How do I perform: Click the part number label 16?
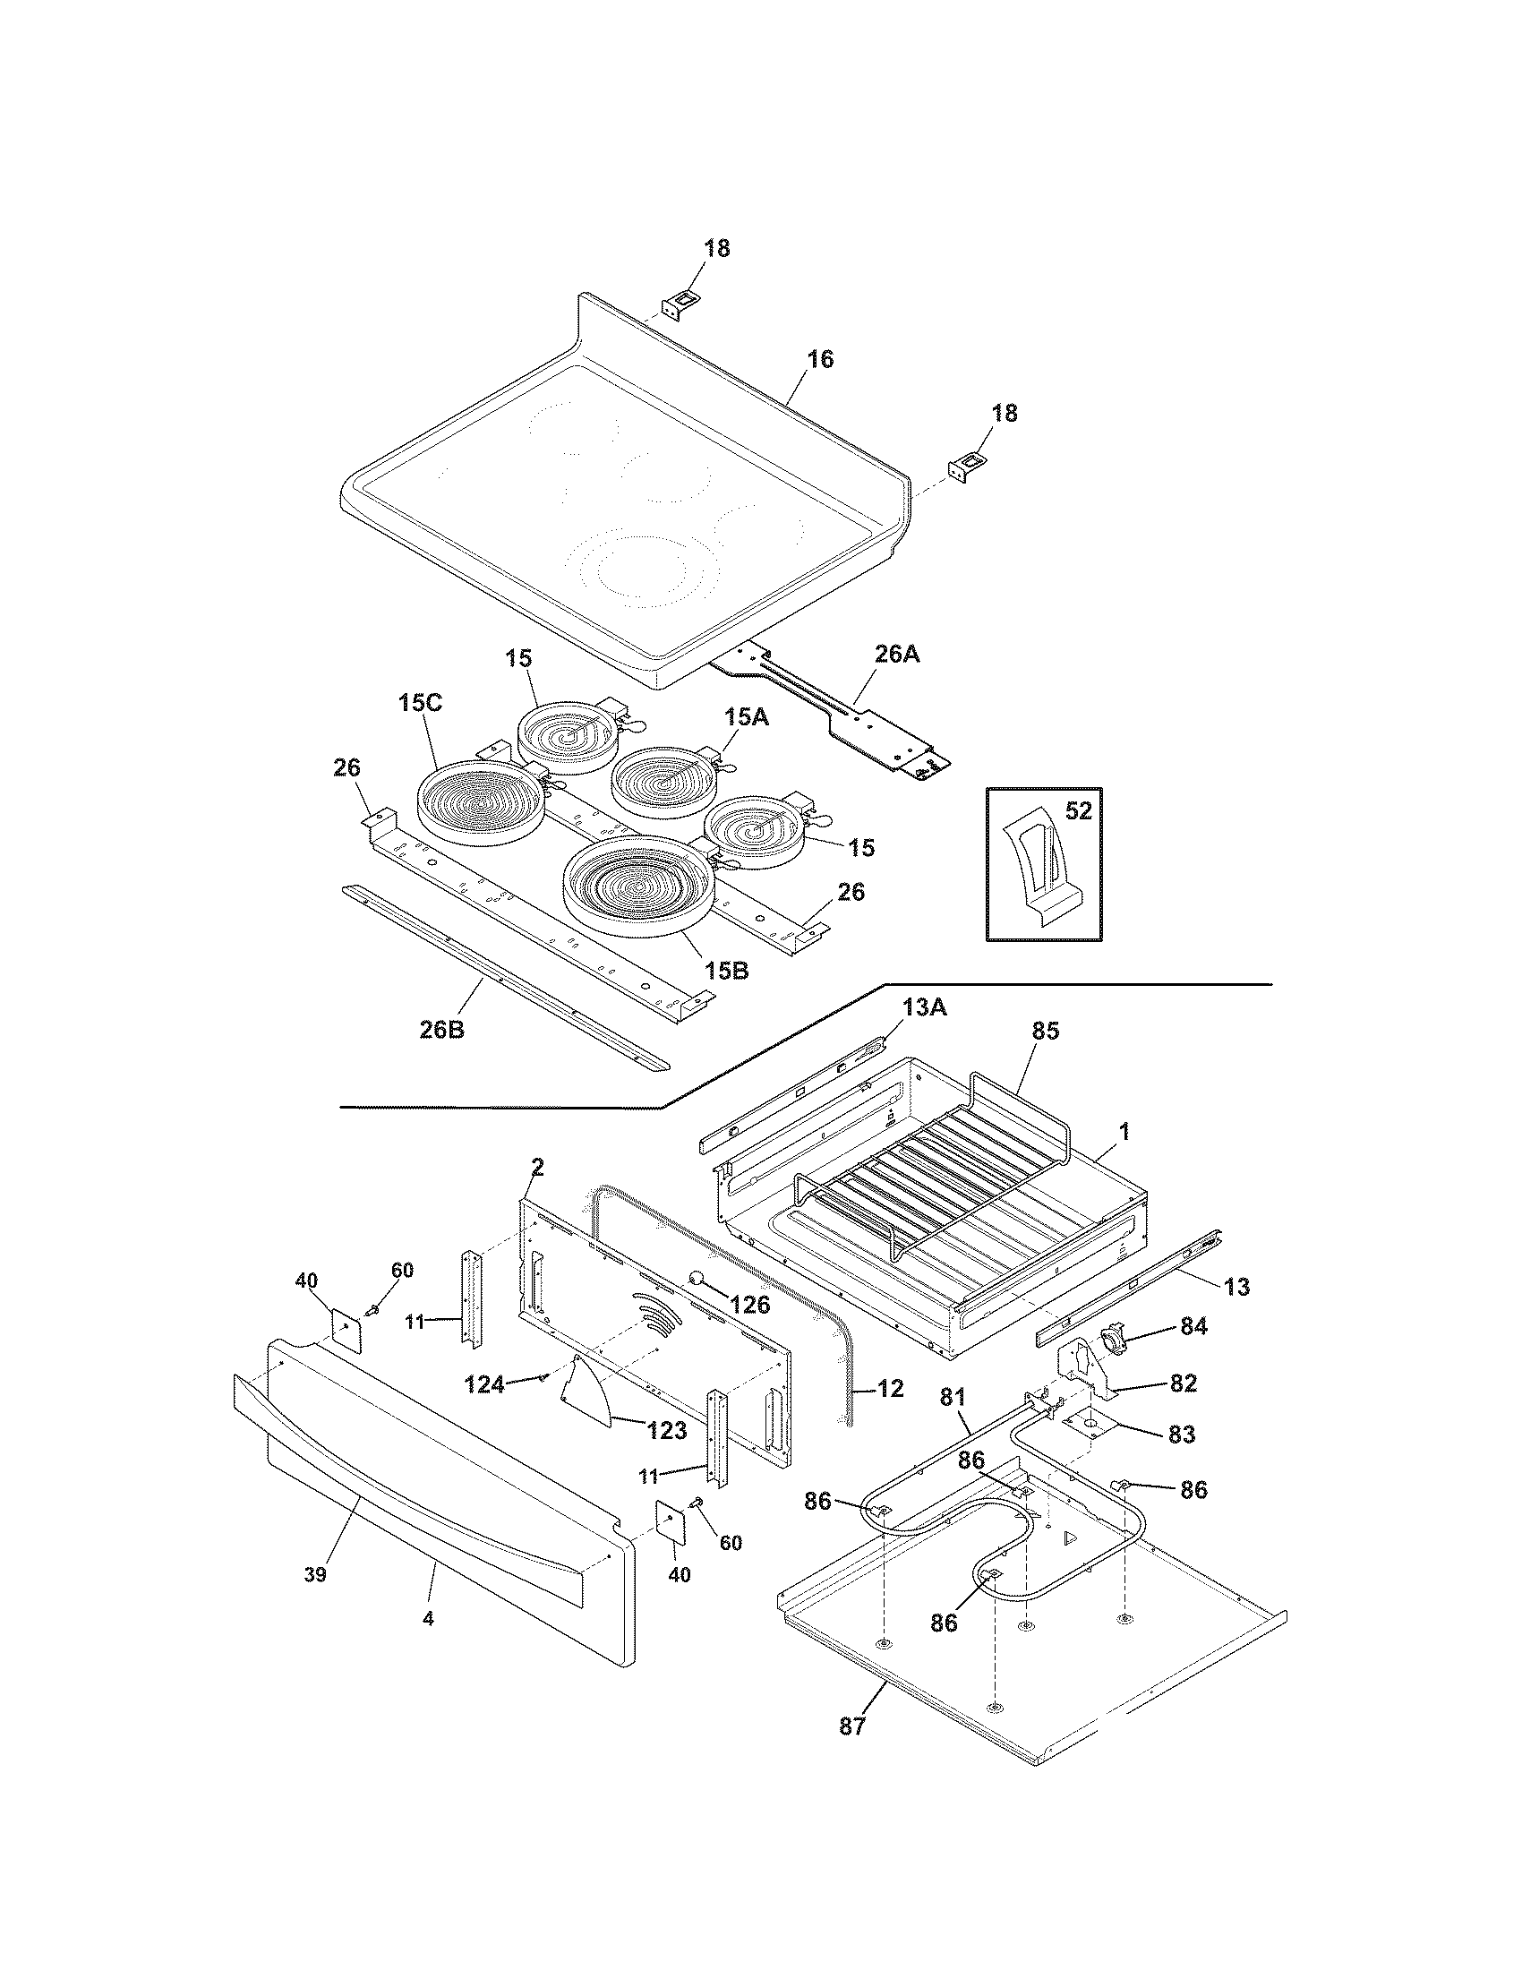(x=819, y=359)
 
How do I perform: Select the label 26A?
(x=896, y=654)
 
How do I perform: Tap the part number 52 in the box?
(x=1079, y=811)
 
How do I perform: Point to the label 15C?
(x=420, y=703)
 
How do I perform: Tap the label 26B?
(x=441, y=1029)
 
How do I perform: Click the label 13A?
(x=923, y=1007)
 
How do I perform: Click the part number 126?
(x=750, y=1305)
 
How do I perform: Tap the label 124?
(x=484, y=1383)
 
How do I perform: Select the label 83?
(x=1181, y=1435)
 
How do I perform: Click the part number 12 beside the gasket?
(x=890, y=1388)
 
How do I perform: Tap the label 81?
(x=953, y=1398)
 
